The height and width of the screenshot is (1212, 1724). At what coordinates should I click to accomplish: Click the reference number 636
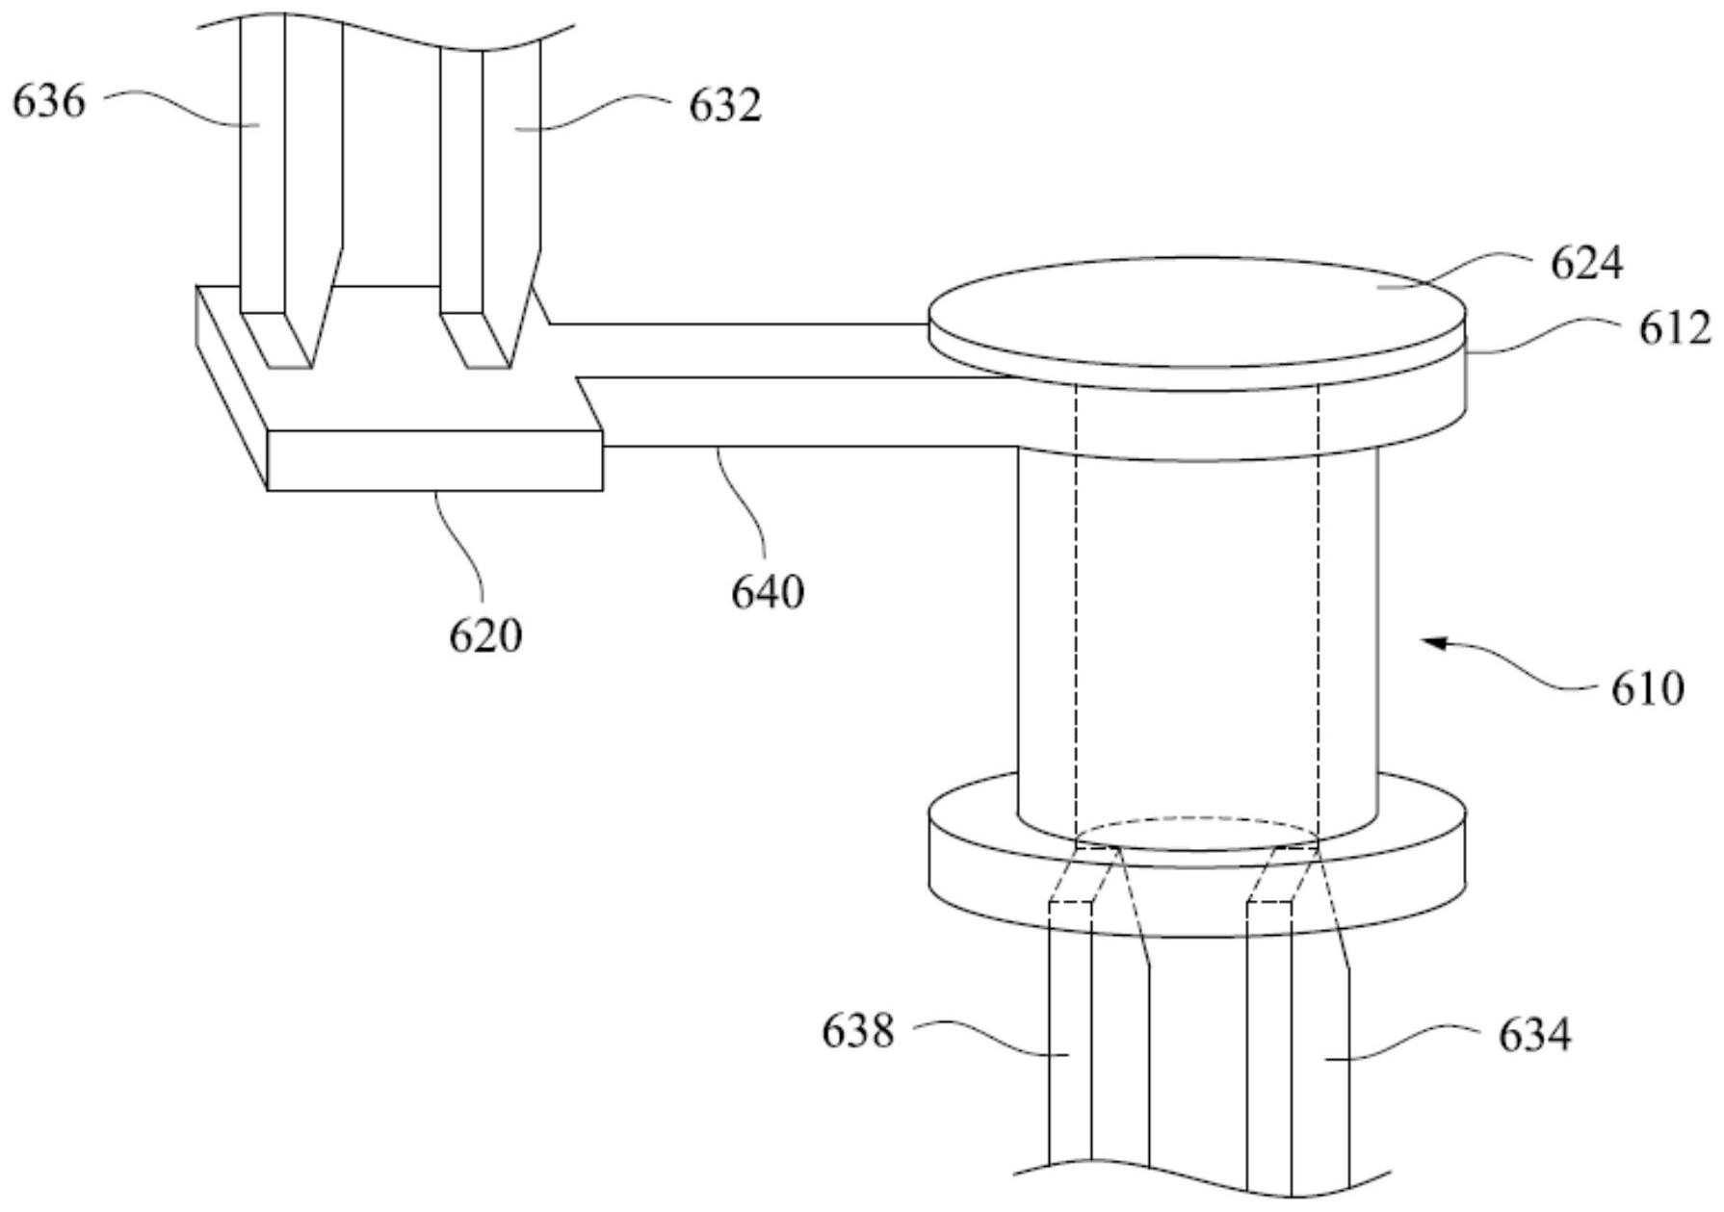[x=49, y=101]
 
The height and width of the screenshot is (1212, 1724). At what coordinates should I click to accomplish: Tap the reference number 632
[x=724, y=106]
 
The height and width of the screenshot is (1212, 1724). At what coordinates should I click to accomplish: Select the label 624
[x=1586, y=263]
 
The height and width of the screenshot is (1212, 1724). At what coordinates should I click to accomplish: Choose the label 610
[x=1648, y=689]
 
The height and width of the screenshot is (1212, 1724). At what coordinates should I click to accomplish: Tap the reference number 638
[x=858, y=1032]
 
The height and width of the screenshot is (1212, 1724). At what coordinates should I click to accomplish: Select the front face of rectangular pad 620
[x=434, y=461]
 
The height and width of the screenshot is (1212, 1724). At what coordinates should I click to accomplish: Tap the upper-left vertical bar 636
[x=262, y=164]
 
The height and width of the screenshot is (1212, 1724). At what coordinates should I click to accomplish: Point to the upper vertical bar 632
[x=510, y=164]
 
